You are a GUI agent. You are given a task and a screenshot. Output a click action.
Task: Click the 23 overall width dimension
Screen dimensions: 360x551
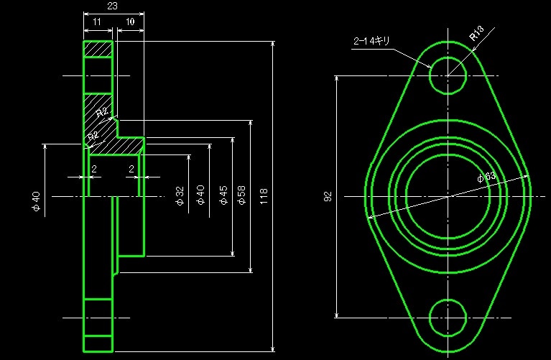112,6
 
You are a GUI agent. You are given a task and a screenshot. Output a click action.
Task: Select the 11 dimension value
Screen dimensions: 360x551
97,23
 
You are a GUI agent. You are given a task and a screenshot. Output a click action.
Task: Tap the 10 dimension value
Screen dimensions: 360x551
129,23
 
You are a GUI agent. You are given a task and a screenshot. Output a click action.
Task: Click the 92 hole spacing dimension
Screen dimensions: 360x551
328,195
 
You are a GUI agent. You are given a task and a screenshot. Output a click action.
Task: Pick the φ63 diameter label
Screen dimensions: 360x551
486,177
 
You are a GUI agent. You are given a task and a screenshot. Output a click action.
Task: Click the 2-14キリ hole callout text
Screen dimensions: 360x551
371,41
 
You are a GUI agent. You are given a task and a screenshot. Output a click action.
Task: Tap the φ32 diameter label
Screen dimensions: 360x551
180,195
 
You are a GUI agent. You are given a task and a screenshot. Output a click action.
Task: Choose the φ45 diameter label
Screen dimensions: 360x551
223,195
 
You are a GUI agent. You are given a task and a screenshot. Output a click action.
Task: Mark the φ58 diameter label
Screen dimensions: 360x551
241,195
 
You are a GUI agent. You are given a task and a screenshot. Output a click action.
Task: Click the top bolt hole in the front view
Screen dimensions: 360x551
448,75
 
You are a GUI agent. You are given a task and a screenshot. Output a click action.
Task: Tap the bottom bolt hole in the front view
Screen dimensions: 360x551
448,316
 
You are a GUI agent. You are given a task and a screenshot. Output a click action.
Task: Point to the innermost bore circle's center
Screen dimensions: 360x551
448,195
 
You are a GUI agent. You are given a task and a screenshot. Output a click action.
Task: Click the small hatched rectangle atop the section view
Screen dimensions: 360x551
98,49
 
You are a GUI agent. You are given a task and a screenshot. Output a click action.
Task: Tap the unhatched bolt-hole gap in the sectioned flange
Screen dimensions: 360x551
98,75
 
